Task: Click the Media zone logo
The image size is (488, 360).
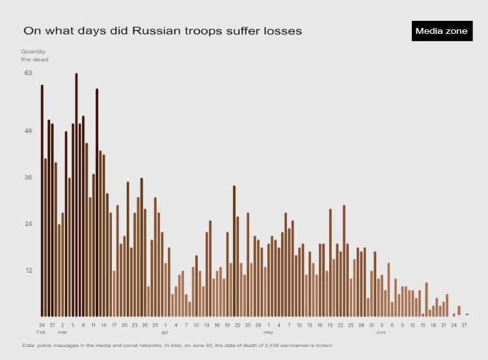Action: coord(441,31)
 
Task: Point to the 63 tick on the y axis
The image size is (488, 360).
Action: coord(28,73)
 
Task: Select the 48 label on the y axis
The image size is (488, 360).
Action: coord(28,131)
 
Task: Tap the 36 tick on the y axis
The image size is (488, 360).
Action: coord(28,177)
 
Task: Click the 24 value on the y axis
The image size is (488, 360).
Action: coord(28,224)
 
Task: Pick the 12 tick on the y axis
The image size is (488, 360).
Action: coord(28,270)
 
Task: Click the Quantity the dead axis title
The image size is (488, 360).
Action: coord(34,55)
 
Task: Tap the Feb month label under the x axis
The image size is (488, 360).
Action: coord(41,332)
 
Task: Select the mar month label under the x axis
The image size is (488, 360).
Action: coord(62,332)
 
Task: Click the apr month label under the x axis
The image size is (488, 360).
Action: coord(165,332)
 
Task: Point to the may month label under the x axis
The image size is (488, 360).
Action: coord(268,332)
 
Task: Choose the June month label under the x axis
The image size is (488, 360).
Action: coord(381,332)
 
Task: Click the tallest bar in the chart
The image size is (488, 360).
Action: coord(76,195)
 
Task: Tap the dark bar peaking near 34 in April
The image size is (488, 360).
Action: coord(234,251)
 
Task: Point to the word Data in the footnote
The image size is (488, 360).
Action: coord(29,344)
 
